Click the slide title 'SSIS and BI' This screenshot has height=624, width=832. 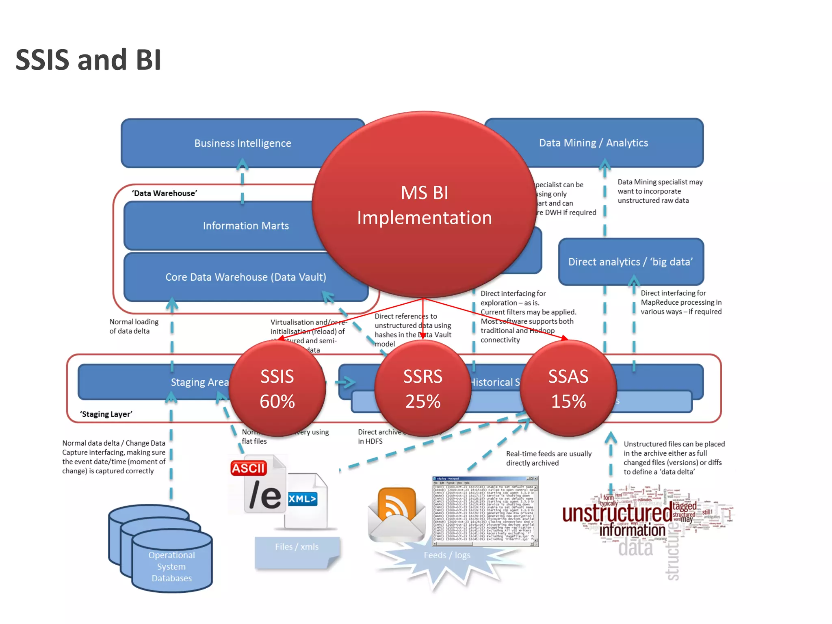tap(88, 60)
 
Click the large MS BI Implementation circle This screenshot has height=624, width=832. tap(424, 205)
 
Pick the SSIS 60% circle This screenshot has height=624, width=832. tap(277, 388)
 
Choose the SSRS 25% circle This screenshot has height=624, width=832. tap(422, 388)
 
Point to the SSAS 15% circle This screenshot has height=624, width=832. tap(568, 388)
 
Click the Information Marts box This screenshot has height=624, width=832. tap(227, 226)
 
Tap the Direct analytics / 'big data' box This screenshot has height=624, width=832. tap(630, 262)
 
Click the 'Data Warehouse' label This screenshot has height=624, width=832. tap(165, 193)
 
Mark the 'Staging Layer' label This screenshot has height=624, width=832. tap(106, 414)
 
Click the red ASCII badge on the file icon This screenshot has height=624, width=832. tap(249, 468)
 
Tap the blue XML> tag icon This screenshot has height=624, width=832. tap(302, 498)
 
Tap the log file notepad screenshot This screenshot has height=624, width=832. tap(485, 511)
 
